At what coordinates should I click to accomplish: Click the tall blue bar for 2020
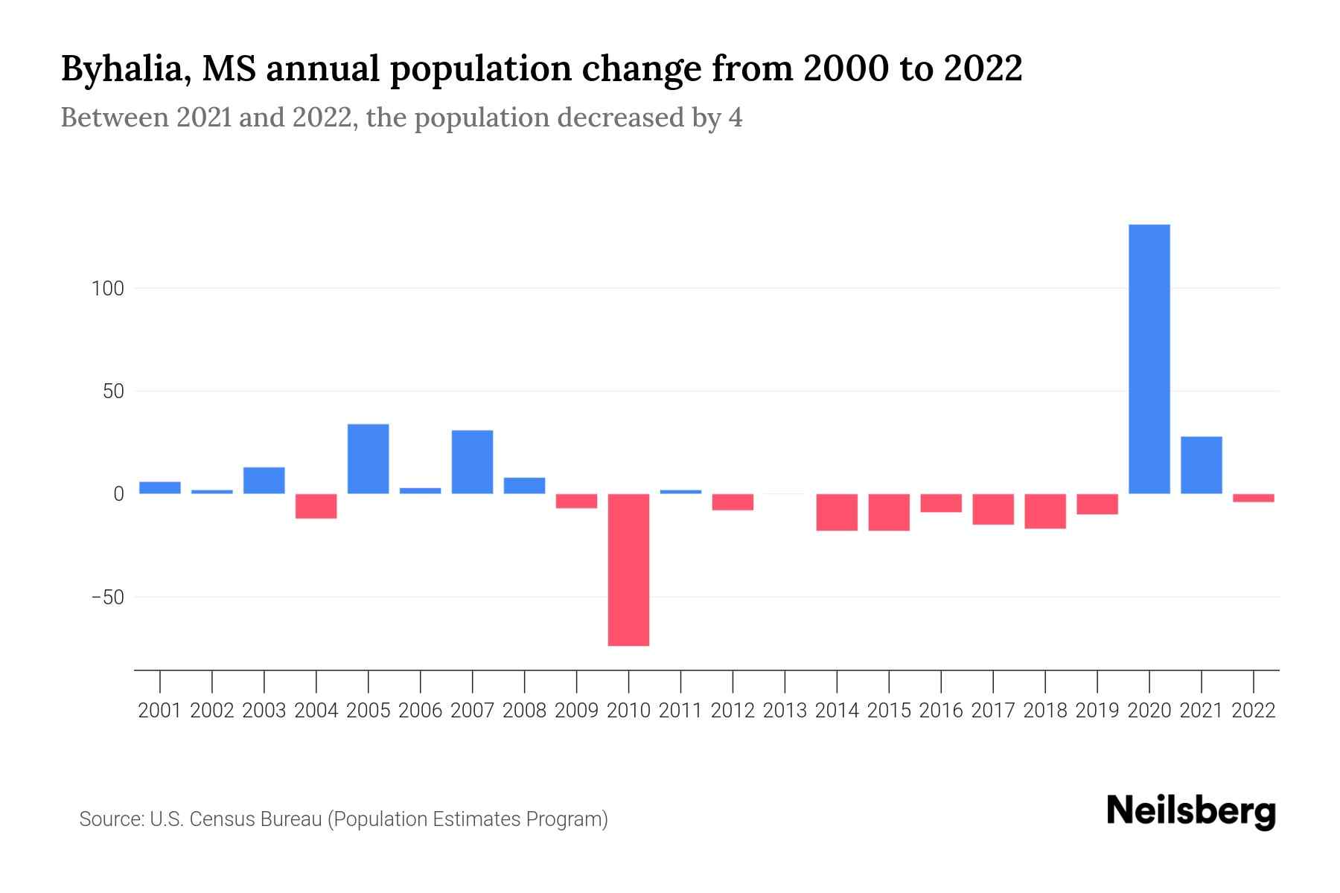click(x=1149, y=359)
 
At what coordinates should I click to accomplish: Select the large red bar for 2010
click(x=628, y=569)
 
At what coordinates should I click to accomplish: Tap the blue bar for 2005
click(x=368, y=458)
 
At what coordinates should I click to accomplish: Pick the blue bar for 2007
click(x=472, y=461)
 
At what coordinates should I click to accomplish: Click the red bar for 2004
click(x=316, y=506)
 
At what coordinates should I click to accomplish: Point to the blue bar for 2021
click(x=1201, y=465)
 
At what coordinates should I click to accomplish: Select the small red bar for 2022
click(x=1253, y=498)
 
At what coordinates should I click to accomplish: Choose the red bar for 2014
click(x=837, y=512)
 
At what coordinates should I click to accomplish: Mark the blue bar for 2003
click(x=264, y=480)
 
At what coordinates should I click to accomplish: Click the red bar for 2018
click(x=1044, y=511)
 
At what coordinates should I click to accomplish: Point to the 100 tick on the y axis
click(x=107, y=288)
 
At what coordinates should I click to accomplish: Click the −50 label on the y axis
click(x=107, y=598)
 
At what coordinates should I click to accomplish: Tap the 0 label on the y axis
click(x=118, y=494)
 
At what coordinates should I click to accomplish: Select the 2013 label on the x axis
click(x=785, y=711)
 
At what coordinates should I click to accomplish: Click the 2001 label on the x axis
click(x=160, y=711)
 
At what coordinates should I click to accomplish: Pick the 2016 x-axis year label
click(x=941, y=711)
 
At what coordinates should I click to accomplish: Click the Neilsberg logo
click(x=1191, y=811)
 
